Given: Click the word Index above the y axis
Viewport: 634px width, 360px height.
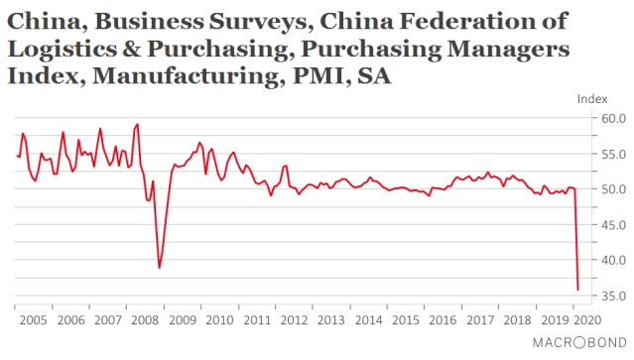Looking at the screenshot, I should pos(591,98).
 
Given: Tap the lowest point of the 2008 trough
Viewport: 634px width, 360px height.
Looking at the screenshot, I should pos(160,268).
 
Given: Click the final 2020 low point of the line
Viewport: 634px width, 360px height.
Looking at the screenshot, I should pos(578,291).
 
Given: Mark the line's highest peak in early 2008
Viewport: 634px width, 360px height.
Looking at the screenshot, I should pos(137,124).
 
